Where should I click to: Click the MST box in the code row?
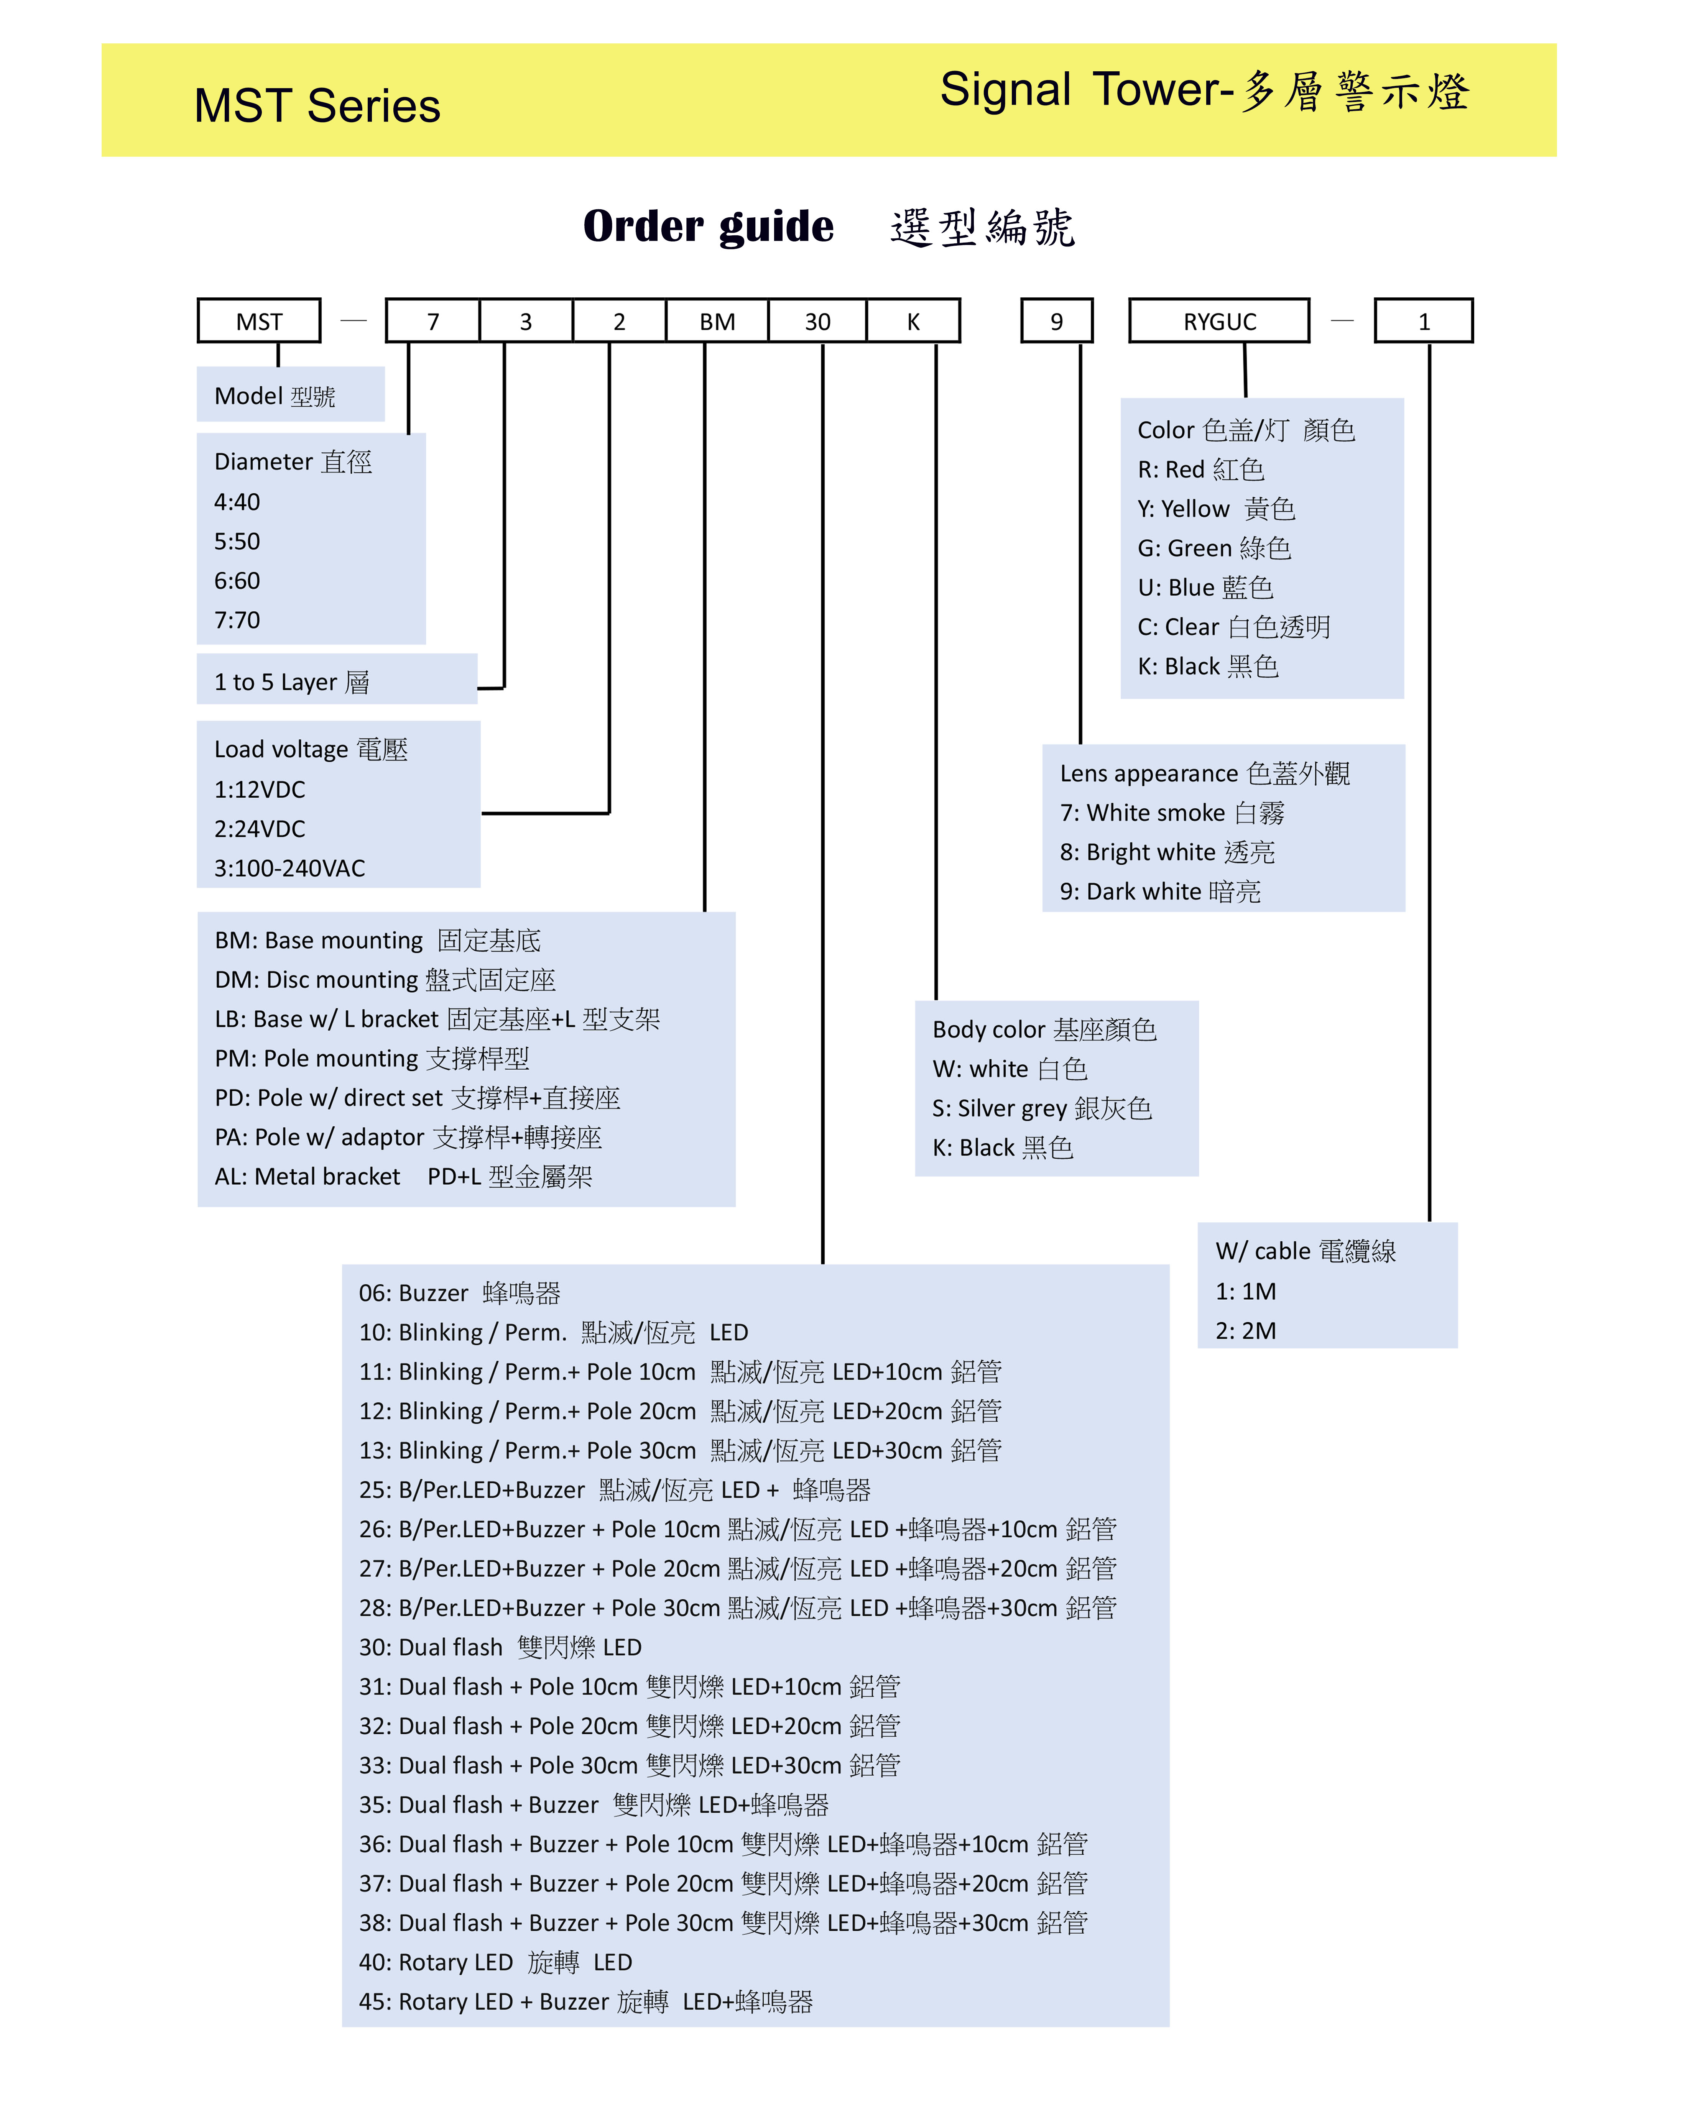pos(259,321)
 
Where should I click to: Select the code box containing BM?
pos(717,321)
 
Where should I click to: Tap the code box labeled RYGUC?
pos(1220,321)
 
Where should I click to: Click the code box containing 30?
pos(817,321)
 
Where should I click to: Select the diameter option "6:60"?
pos(238,581)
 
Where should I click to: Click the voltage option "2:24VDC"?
pos(260,829)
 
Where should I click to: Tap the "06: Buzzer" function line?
pos(460,1294)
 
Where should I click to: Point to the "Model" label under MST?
pos(275,396)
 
